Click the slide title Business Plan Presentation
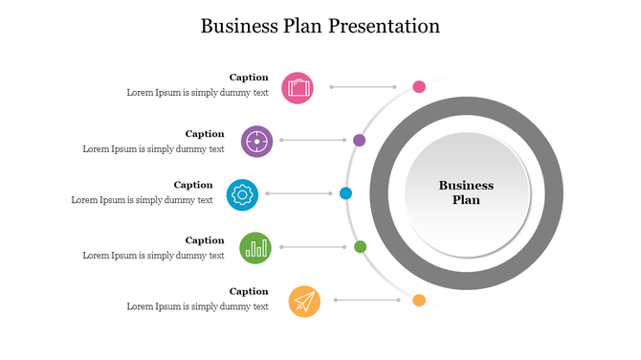(320, 26)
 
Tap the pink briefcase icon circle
(298, 87)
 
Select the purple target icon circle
(256, 141)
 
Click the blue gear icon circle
(242, 194)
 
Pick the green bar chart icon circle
(255, 248)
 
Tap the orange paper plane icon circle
(304, 302)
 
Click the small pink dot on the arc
(419, 87)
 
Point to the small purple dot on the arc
(360, 141)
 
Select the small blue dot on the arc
(346, 193)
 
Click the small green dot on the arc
(361, 247)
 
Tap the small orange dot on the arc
(419, 301)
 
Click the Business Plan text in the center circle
(466, 192)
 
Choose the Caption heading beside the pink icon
(249, 78)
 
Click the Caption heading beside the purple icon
(205, 134)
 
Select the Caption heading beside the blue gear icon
(193, 185)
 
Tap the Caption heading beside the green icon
(205, 240)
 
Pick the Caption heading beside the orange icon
(249, 291)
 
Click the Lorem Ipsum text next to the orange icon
(198, 306)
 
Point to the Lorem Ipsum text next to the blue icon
(143, 200)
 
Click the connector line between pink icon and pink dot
(365, 87)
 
